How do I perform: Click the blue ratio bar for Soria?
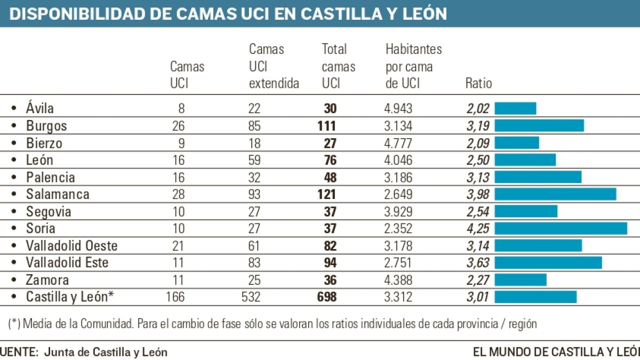pos(561,228)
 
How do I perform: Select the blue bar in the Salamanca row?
pos(555,194)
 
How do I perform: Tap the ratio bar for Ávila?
pos(515,108)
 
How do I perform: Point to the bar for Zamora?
pos(521,279)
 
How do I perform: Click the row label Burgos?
pos(46,126)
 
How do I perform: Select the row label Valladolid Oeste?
pos(71,246)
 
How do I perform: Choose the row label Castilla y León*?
pos(70,297)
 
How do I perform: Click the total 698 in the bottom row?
pos(326,297)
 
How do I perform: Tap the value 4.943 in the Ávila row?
pos(398,109)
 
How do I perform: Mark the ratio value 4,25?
pos(478,228)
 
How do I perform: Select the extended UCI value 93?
pos(255,194)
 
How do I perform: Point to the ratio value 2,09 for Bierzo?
pos(478,143)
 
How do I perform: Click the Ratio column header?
pos(478,83)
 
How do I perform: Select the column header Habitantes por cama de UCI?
pos(413,66)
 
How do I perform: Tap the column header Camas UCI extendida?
pos(274,66)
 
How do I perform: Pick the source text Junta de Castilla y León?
pos(106,352)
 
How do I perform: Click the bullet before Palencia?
pos(14,178)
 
